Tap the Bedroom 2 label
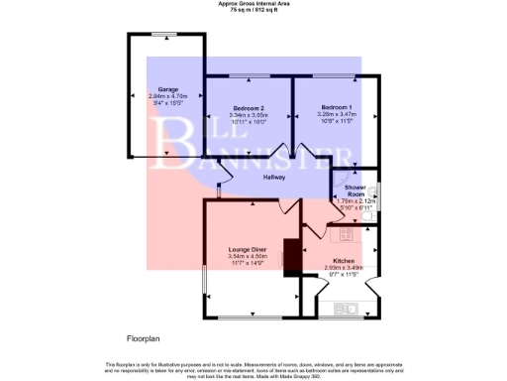[248, 107]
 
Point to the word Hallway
[274, 178]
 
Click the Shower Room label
[355, 190]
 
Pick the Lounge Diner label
[247, 249]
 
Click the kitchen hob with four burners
[347, 234]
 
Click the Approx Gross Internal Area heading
[253, 3]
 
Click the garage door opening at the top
[164, 36]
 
